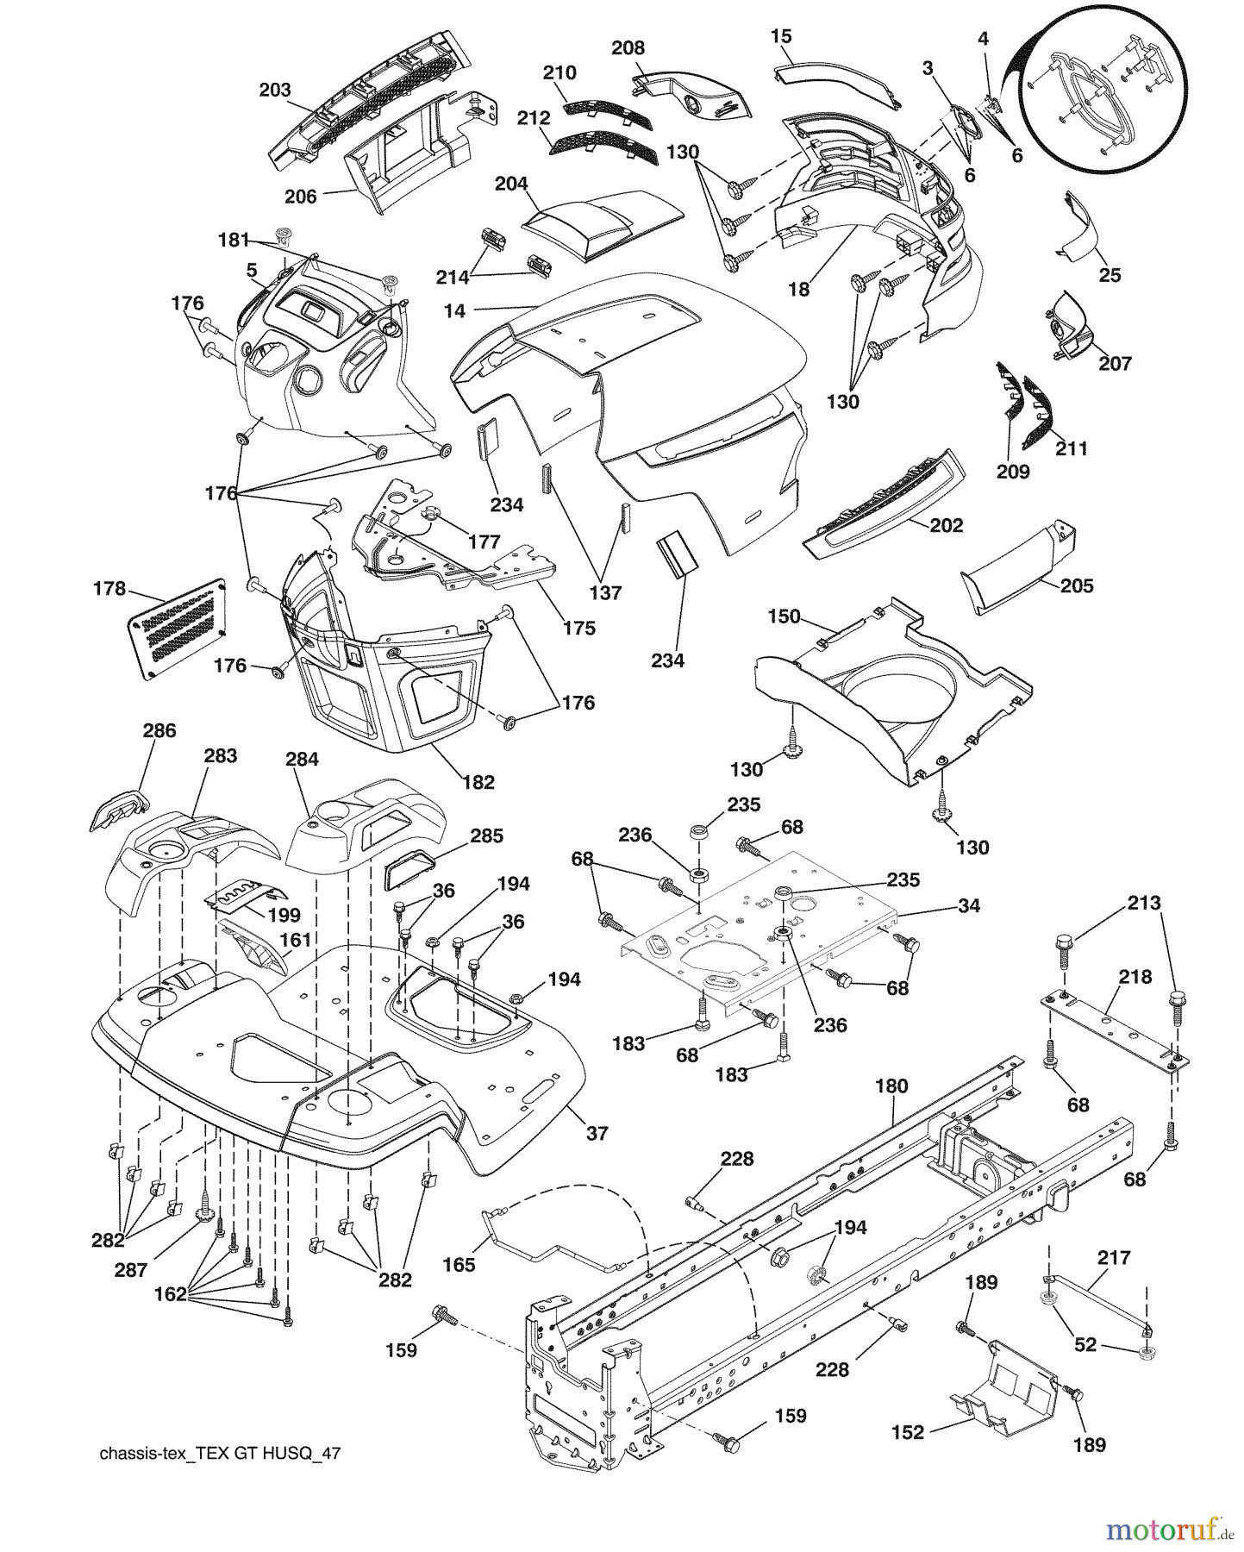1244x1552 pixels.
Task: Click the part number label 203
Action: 274,90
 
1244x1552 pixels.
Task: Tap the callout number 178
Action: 109,589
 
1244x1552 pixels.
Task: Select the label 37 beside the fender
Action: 597,1134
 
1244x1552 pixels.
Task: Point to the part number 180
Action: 891,1086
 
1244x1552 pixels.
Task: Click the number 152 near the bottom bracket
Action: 907,1432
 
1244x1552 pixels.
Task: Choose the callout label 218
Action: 1135,977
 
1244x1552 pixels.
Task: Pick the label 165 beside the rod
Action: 459,1265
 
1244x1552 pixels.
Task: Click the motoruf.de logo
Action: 1171,1530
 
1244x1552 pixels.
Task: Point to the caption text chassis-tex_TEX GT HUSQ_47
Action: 220,1454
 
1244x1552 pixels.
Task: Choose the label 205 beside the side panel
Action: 1076,585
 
